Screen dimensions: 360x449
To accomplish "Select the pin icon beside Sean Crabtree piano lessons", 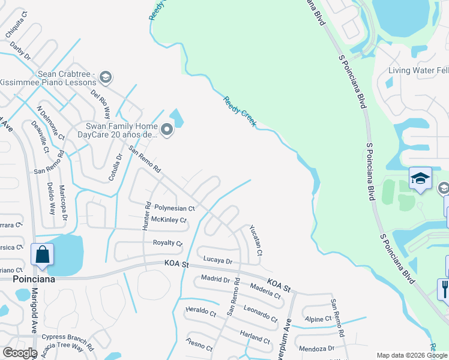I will [106, 76].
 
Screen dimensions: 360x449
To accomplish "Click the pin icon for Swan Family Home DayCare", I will [166, 129].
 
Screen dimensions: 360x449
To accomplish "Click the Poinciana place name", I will [34, 280].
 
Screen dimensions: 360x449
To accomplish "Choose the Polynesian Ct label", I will [174, 208].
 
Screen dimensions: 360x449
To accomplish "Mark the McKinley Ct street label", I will [169, 220].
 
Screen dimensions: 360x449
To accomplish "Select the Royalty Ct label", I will [167, 243].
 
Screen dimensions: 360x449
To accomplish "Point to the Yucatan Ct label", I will [256, 240].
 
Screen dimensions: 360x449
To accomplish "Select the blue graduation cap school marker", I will [420, 178].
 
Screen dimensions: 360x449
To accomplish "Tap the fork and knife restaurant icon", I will [445, 290].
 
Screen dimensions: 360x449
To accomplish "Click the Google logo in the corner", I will [19, 353].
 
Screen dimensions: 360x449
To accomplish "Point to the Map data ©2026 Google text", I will [411, 355].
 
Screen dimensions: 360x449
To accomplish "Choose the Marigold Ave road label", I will [35, 312].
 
